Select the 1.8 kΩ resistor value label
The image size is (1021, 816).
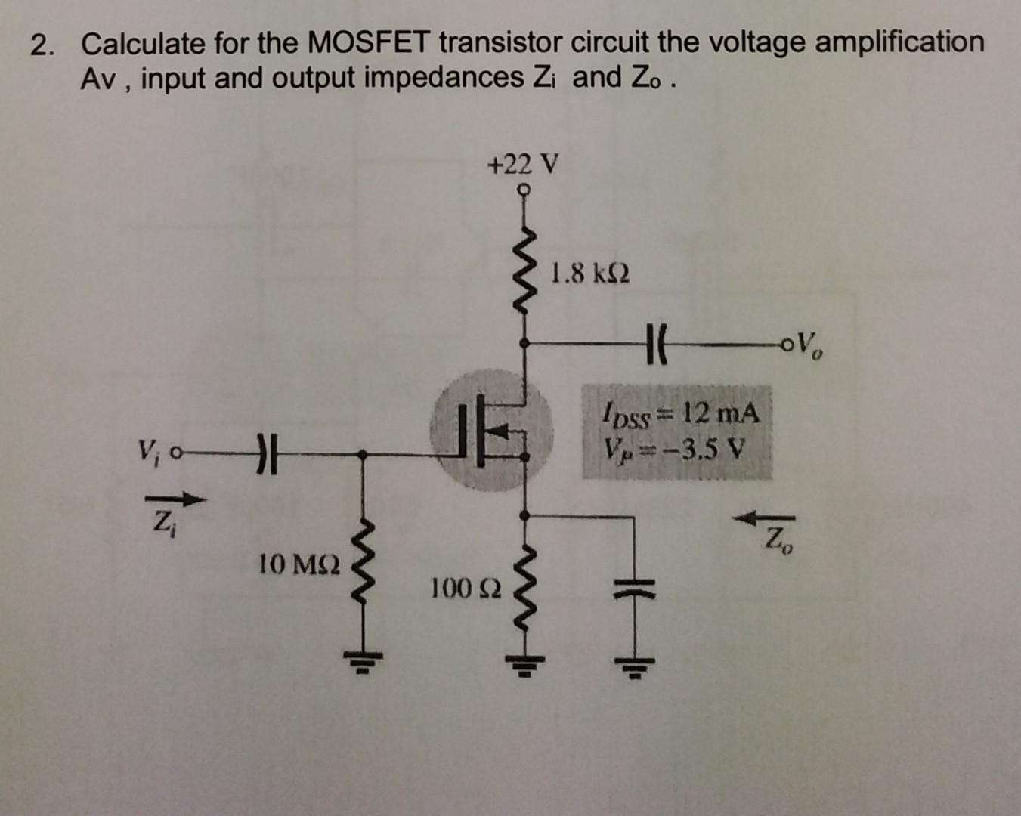tap(590, 273)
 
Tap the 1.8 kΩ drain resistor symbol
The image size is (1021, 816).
tap(524, 270)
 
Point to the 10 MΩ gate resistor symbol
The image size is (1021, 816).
tap(364, 563)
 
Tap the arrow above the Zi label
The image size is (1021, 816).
tap(175, 499)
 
